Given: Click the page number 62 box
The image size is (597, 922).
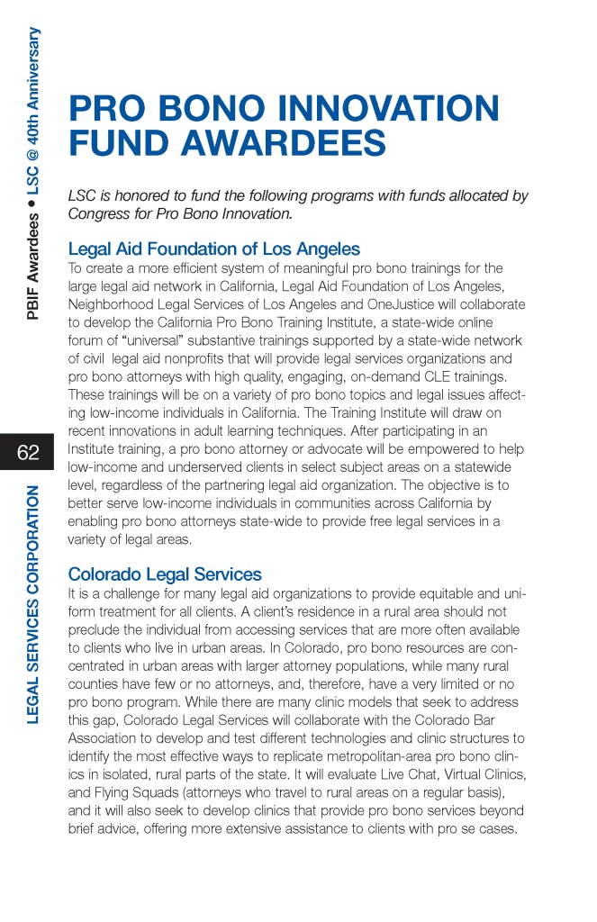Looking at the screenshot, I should [x=28, y=452].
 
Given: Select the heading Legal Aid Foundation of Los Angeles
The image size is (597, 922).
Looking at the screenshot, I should [x=214, y=249].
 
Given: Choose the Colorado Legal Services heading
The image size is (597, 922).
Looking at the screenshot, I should [x=165, y=574].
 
